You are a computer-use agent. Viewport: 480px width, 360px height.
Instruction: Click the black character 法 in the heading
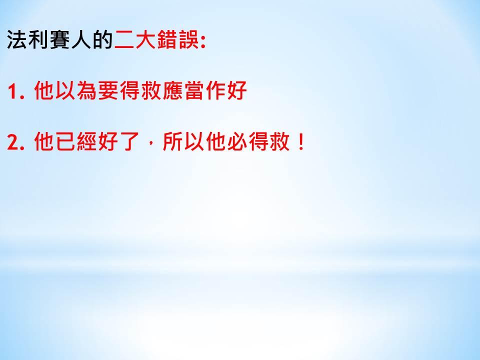pyautogui.click(x=17, y=39)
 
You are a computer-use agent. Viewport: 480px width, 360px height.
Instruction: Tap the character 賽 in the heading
pyautogui.click(x=60, y=39)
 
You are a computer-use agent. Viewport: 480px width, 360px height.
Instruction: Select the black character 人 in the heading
pyautogui.click(x=81, y=39)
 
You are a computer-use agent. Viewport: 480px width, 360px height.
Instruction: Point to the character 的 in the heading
pyautogui.click(x=103, y=39)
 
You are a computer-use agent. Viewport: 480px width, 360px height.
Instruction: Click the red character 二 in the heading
pyautogui.click(x=124, y=39)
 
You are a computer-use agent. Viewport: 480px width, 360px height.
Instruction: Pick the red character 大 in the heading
pyautogui.click(x=145, y=39)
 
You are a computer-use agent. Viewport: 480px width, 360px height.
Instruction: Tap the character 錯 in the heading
pyautogui.click(x=167, y=39)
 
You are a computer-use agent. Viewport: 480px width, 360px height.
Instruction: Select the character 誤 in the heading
pyautogui.click(x=188, y=39)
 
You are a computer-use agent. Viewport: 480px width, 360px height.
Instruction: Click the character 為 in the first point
pyautogui.click(x=87, y=90)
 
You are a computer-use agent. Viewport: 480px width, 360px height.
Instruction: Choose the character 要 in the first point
pyautogui.click(x=108, y=90)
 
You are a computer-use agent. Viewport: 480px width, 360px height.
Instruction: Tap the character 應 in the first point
pyautogui.click(x=172, y=90)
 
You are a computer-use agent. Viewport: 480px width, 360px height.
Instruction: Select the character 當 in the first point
pyautogui.click(x=194, y=90)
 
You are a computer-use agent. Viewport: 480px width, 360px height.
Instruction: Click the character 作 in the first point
pyautogui.click(x=215, y=90)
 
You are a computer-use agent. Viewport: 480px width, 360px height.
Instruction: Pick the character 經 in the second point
pyautogui.click(x=87, y=141)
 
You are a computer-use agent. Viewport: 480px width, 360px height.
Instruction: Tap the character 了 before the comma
pyautogui.click(x=130, y=141)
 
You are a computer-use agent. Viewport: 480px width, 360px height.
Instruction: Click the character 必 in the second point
pyautogui.click(x=237, y=141)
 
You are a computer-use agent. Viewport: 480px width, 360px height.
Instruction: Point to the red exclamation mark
pyautogui.click(x=301, y=141)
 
